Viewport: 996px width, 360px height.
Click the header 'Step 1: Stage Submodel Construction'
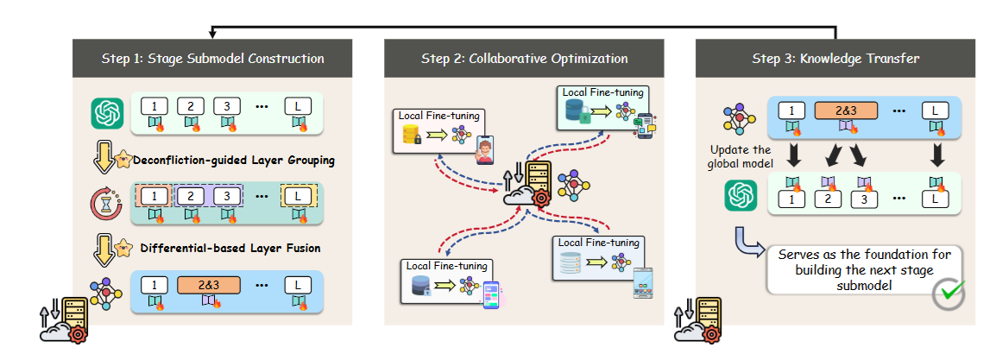pos(211,59)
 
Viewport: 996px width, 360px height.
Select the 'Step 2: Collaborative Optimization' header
pos(525,59)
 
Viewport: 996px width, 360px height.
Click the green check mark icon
pos(949,294)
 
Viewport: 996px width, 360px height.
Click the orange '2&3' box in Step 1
pos(208,284)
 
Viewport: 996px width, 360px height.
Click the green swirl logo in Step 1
pos(104,113)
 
